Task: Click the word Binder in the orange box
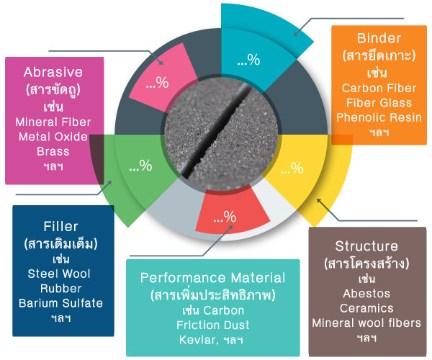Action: [379, 38]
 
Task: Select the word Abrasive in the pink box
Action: [53, 72]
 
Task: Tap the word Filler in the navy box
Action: [60, 226]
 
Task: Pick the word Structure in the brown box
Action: [366, 246]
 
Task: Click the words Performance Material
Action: [212, 278]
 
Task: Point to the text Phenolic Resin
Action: [379, 117]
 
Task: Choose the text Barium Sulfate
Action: [60, 303]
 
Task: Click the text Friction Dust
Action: [212, 325]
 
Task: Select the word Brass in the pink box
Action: [53, 151]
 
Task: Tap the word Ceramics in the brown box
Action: [366, 308]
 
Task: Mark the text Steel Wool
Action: [59, 274]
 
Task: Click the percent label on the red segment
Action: [225, 217]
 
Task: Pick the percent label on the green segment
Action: [140, 166]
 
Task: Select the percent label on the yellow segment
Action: [292, 168]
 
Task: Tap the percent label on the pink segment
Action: [157, 83]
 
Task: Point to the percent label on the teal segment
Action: [248, 60]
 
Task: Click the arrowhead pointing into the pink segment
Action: [161, 62]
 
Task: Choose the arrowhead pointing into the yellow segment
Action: [319, 202]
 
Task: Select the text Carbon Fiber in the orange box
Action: [379, 88]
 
